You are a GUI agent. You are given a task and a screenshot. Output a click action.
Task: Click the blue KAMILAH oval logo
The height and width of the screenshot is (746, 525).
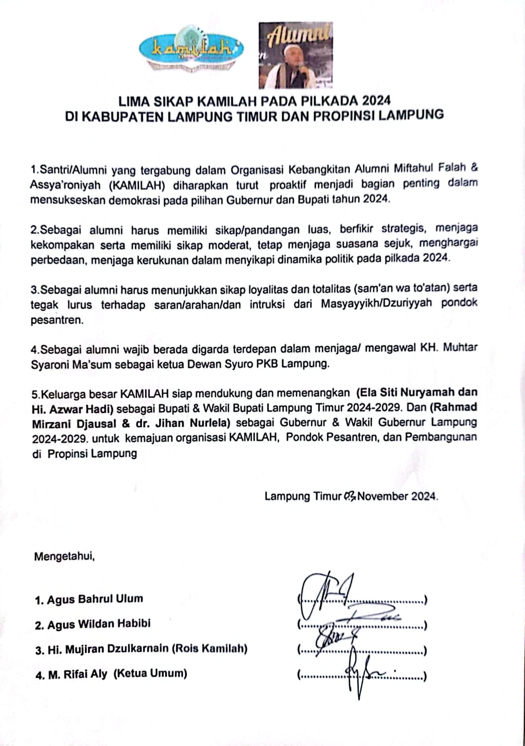coord(191,49)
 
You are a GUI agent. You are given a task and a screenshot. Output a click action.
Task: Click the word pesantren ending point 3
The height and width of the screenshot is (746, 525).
coord(55,320)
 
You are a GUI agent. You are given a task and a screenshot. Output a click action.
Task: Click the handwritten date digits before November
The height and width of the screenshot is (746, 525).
coord(349,496)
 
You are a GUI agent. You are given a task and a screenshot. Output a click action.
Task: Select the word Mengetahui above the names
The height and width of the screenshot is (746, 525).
coord(64,556)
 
